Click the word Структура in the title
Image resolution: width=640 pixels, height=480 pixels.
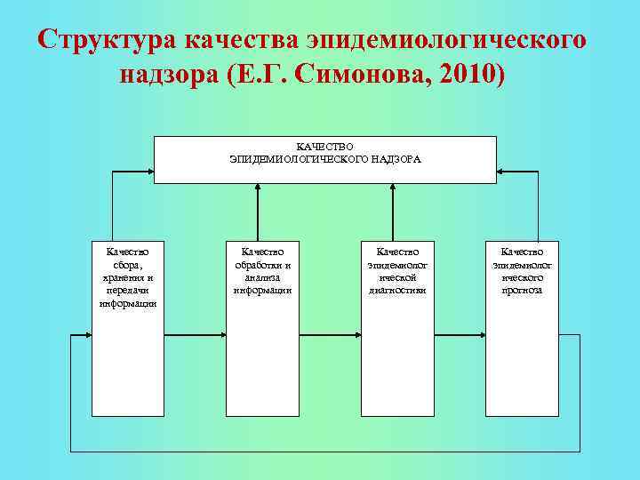(x=108, y=40)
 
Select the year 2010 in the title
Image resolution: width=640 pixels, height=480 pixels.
(x=458, y=76)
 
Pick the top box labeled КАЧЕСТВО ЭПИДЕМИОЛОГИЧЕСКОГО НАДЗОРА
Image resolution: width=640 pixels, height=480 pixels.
(x=325, y=160)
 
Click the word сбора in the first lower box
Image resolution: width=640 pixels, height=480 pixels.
(x=129, y=265)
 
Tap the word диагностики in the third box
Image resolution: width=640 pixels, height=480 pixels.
(x=396, y=290)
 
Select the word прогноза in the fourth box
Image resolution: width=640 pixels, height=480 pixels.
(x=523, y=290)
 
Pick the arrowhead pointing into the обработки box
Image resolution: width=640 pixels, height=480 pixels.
(x=222, y=336)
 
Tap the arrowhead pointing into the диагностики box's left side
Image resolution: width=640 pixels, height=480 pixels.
(x=356, y=336)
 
